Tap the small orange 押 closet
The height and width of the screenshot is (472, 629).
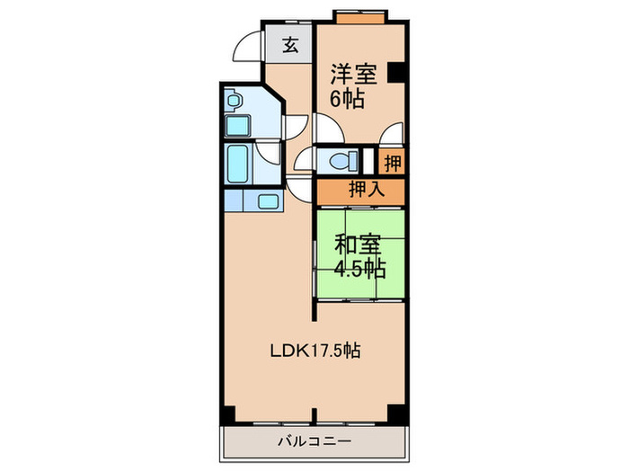coord(393,163)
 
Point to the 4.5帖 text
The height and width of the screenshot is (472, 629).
coord(359,267)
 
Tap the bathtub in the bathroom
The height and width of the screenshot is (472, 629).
coord(237,165)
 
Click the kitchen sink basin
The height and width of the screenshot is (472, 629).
coord(268,200)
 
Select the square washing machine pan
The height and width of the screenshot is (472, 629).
coord(237,125)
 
